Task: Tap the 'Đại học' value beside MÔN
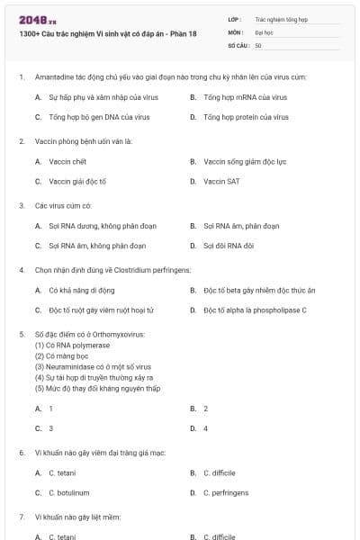click(264, 31)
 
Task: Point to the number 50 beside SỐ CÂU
click(258, 45)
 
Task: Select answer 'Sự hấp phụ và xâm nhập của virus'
click(99, 97)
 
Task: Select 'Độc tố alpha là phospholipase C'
click(255, 310)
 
